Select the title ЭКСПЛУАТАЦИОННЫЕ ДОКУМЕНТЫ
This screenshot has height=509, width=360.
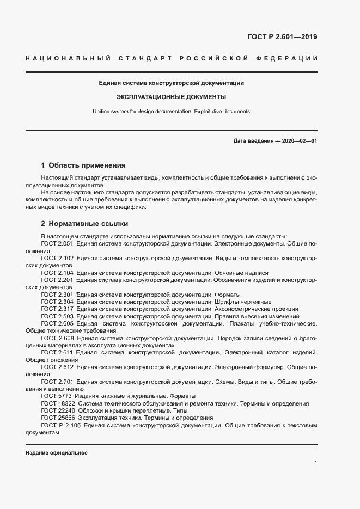pos(171,97)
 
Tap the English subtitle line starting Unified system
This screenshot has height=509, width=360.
pos(171,111)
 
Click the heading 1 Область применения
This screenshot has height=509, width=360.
pos(83,165)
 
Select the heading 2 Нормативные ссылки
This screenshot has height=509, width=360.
pos(84,224)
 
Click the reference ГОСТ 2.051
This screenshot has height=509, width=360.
pos(57,244)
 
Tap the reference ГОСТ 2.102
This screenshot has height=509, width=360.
pos(57,258)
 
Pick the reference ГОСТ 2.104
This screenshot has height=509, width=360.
pos(57,273)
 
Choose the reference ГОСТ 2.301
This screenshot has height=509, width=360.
pos(57,295)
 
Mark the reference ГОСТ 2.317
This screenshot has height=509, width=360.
pos(57,309)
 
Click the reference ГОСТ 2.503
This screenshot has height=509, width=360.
pos(57,316)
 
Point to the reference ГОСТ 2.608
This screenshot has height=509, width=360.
pos(57,338)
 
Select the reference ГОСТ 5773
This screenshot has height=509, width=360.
pos(56,396)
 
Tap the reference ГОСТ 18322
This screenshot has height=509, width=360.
pos(58,403)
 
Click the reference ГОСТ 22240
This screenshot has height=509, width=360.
pos(58,410)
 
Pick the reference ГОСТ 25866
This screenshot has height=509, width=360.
pos(58,418)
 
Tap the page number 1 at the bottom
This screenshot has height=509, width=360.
pos(315,463)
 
